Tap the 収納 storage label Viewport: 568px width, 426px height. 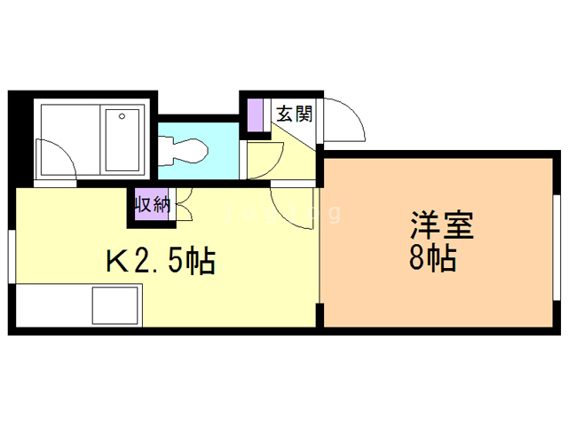tap(151, 205)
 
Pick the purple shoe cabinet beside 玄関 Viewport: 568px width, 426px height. tap(256, 115)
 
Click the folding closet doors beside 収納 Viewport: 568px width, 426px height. tap(184, 206)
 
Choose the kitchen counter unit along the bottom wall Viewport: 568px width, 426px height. tap(75, 306)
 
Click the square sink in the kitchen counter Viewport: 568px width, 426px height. tap(116, 306)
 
